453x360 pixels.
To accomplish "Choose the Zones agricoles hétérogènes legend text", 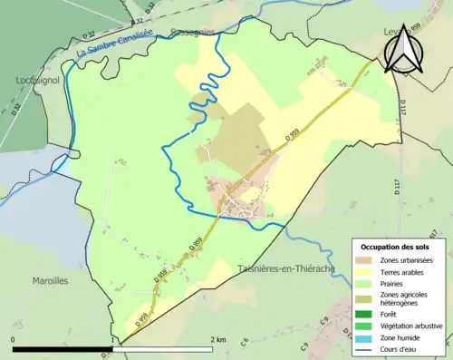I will pos(405,298).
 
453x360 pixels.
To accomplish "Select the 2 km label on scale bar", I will pos(217,339).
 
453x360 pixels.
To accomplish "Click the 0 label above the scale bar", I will pos(14,339).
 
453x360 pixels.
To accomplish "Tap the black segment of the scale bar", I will pos(62,349).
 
